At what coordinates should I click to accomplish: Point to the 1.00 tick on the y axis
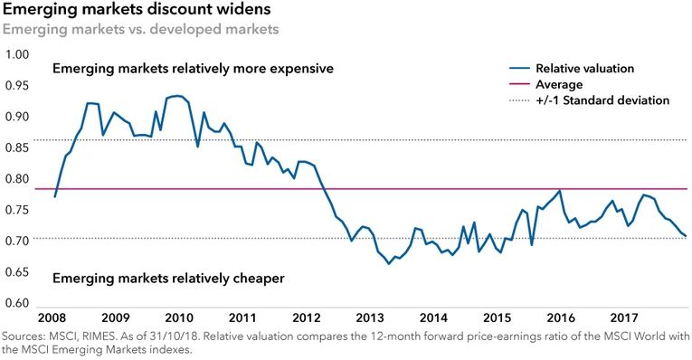[x=17, y=54]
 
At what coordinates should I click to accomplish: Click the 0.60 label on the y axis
[x=17, y=304]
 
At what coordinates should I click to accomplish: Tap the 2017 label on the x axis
[x=625, y=318]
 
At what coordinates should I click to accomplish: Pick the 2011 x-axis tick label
[x=240, y=318]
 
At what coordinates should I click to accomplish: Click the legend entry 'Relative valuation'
[x=583, y=68]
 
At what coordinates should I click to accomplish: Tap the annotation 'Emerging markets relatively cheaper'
[x=168, y=279]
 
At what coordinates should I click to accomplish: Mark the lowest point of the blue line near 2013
[x=389, y=263]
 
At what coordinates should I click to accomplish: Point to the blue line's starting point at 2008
[x=56, y=196]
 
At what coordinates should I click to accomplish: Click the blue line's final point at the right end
[x=686, y=236]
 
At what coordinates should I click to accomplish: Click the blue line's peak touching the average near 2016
[x=561, y=191]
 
